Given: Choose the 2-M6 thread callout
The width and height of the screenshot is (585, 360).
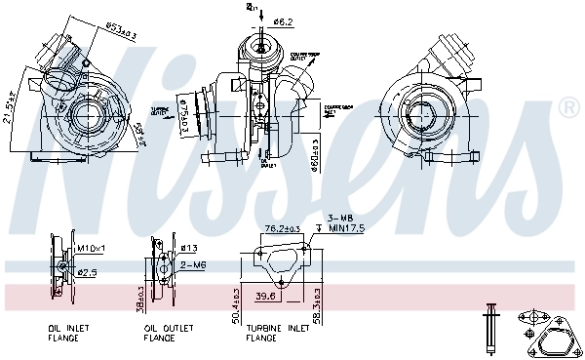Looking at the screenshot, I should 191,264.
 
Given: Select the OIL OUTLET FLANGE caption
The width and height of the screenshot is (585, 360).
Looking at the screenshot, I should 165,334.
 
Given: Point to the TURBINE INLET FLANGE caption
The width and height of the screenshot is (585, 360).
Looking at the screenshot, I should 278,334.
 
